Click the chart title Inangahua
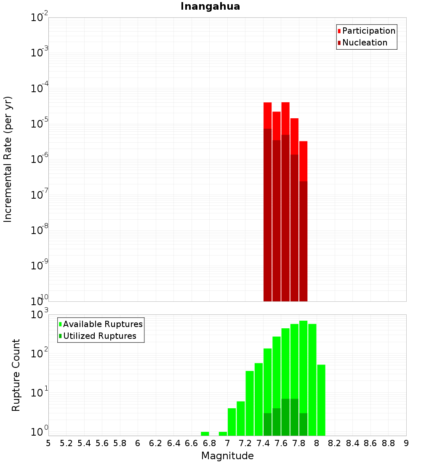pyautogui.click(x=210, y=6)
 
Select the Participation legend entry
pyautogui.click(x=368, y=31)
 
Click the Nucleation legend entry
pyautogui.click(x=364, y=43)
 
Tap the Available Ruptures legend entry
pyautogui.click(x=102, y=324)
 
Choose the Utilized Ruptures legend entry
pyautogui.click(x=99, y=336)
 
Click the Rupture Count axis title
pyautogui.click(x=16, y=375)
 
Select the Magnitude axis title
pyautogui.click(x=227, y=456)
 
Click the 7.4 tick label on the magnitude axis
pyautogui.click(x=263, y=443)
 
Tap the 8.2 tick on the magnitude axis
pyautogui.click(x=335, y=443)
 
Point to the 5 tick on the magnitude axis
pyautogui.click(x=48, y=443)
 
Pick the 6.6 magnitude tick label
pyautogui.click(x=192, y=443)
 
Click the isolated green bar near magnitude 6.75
pyautogui.click(x=205, y=434)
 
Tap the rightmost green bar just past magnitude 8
pyautogui.click(x=321, y=400)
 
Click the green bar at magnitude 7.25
pyautogui.click(x=250, y=400)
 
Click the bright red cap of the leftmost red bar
pyautogui.click(x=268, y=115)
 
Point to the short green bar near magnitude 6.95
pyautogui.click(x=223, y=434)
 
